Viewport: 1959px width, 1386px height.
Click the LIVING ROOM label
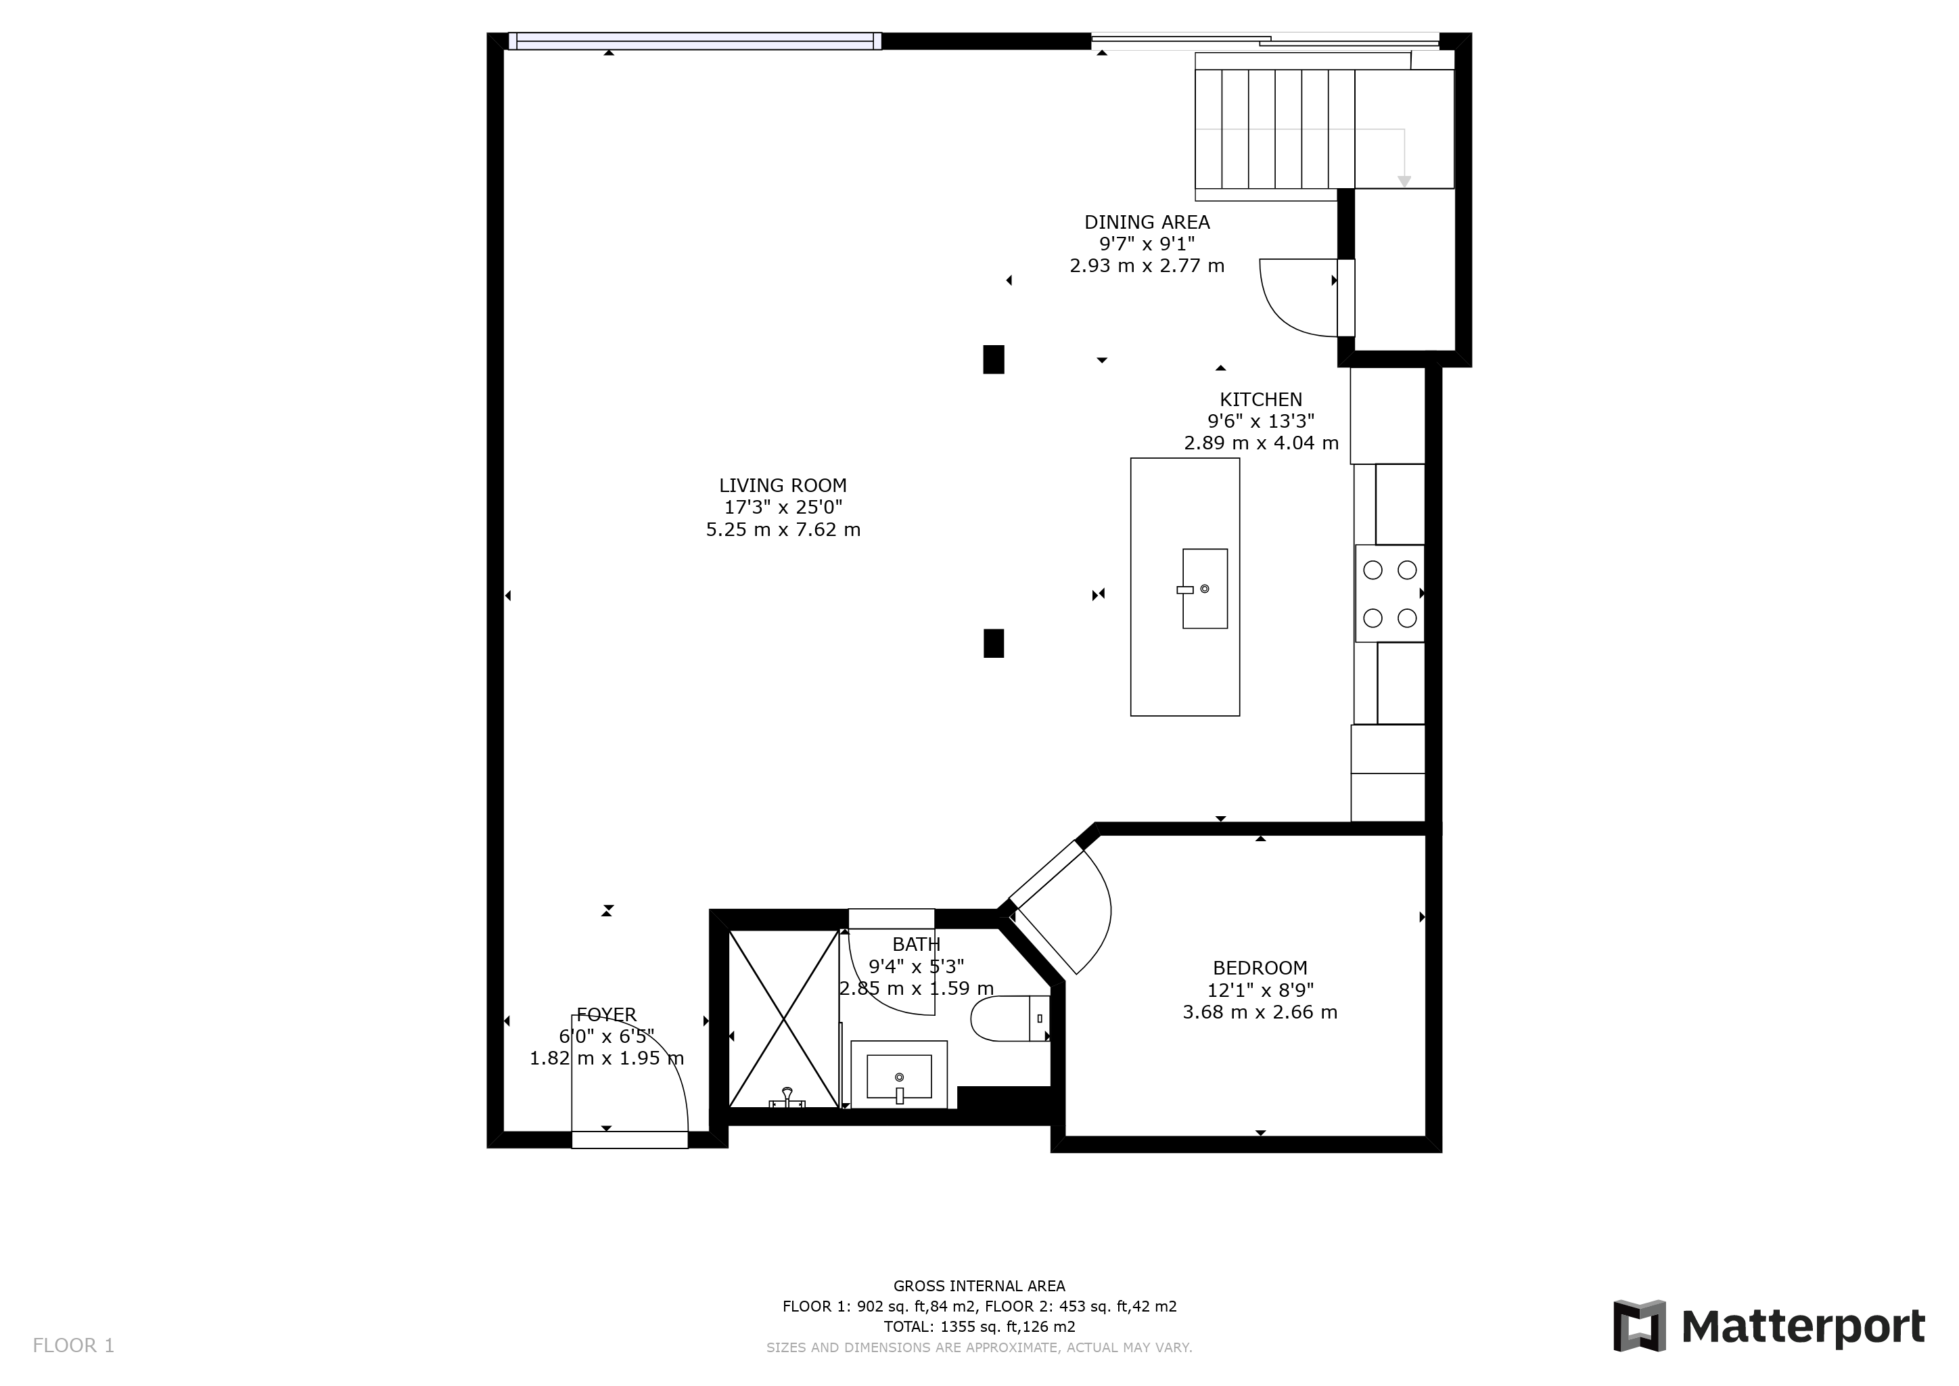coord(783,486)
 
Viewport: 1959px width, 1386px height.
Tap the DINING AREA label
coord(1147,222)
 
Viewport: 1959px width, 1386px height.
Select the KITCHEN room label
coord(1260,399)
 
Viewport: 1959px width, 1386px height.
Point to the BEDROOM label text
coord(1260,968)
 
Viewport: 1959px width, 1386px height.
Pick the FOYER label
coord(606,1014)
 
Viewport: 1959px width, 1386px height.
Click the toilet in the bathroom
coord(1010,1018)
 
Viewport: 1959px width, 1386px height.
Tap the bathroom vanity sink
coord(898,1076)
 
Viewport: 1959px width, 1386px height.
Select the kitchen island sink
coord(1205,589)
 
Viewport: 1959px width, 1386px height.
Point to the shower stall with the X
coord(783,1019)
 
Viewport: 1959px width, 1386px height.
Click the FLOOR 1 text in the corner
coord(73,1346)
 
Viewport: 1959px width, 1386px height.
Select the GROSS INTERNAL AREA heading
coord(979,1286)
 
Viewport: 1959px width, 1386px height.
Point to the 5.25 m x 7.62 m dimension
coord(783,530)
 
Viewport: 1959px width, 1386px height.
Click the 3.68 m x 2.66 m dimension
coord(1260,1012)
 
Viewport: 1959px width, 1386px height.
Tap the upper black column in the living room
coord(993,359)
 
